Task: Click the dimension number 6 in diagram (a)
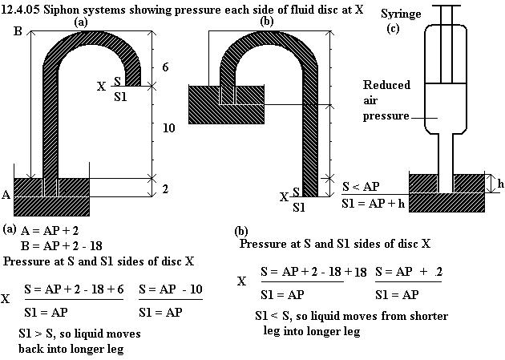165,67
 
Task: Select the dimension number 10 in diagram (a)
169,127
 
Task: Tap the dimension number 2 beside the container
165,188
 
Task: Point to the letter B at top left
18,31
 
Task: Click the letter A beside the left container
6,195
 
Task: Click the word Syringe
401,14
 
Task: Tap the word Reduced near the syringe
386,85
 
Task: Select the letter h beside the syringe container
500,184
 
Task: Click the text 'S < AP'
361,187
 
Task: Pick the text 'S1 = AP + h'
373,203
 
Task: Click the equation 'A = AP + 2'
50,231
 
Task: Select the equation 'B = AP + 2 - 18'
61,246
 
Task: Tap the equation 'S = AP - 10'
171,289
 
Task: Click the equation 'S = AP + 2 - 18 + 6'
74,289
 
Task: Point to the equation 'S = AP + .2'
409,272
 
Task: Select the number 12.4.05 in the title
21,10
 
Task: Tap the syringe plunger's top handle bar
446,6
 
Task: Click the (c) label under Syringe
393,28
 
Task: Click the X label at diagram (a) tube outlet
101,87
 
